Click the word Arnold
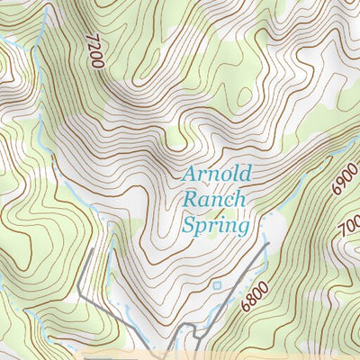click(x=216, y=173)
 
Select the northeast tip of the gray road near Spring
click(x=268, y=244)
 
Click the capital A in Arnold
click(x=190, y=173)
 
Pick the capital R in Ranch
click(x=190, y=199)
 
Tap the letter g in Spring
click(x=241, y=227)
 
